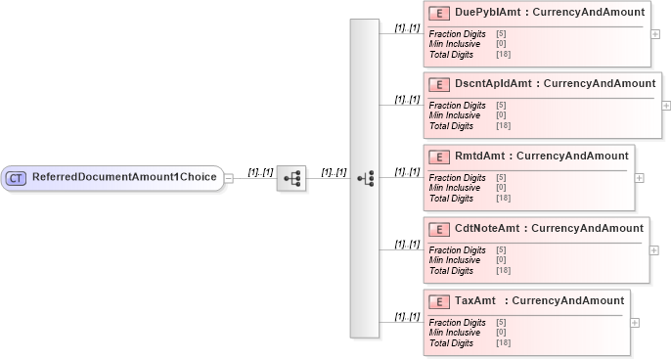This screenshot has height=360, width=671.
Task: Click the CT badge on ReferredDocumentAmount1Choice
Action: coord(16,178)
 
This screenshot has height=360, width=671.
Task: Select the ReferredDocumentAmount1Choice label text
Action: coord(125,178)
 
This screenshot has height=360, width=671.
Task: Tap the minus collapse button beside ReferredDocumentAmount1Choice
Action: coord(229,179)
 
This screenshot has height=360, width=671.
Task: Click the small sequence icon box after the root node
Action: coord(291,179)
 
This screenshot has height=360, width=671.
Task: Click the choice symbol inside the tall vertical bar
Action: coord(365,179)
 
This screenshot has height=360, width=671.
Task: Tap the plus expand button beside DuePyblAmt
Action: coord(655,32)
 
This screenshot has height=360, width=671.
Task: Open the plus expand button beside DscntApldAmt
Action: coord(666,105)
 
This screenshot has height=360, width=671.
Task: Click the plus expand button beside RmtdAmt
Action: coord(640,178)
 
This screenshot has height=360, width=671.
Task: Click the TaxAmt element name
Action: coord(475,301)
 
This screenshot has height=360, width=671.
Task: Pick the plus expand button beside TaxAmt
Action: coord(635,323)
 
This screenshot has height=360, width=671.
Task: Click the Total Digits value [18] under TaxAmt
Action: coord(504,343)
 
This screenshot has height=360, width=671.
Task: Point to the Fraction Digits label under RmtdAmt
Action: coord(457,178)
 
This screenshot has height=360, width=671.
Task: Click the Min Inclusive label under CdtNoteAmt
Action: coord(455,259)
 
